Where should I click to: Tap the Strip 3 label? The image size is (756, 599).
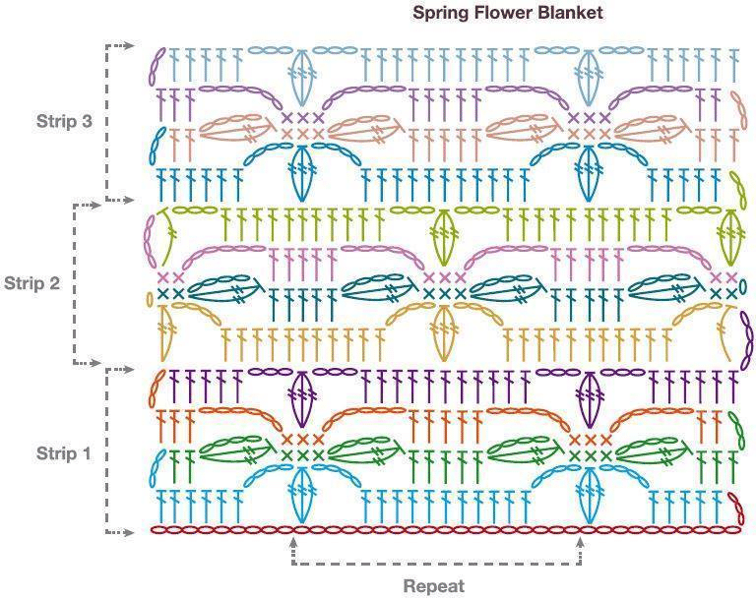pos(64,121)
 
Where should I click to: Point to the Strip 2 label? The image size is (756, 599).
pos(31,283)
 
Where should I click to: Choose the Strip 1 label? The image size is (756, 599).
pos(64,453)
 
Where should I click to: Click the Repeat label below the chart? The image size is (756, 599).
pos(434,586)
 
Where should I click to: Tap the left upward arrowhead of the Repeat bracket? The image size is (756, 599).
pos(292,542)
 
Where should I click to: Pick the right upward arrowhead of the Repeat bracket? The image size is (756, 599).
pos(580,542)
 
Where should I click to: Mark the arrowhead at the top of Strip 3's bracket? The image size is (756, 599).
pos(129,46)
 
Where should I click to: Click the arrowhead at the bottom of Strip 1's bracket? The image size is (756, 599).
pos(129,532)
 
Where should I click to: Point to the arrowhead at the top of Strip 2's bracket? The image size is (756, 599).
pos(96,206)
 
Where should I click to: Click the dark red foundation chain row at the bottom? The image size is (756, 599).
pos(446,530)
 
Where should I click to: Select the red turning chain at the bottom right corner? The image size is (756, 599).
pos(735,509)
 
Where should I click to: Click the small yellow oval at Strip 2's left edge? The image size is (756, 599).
pos(150,299)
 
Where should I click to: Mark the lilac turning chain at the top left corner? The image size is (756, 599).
pos(157,67)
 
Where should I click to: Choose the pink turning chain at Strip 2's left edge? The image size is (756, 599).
pos(151,241)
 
